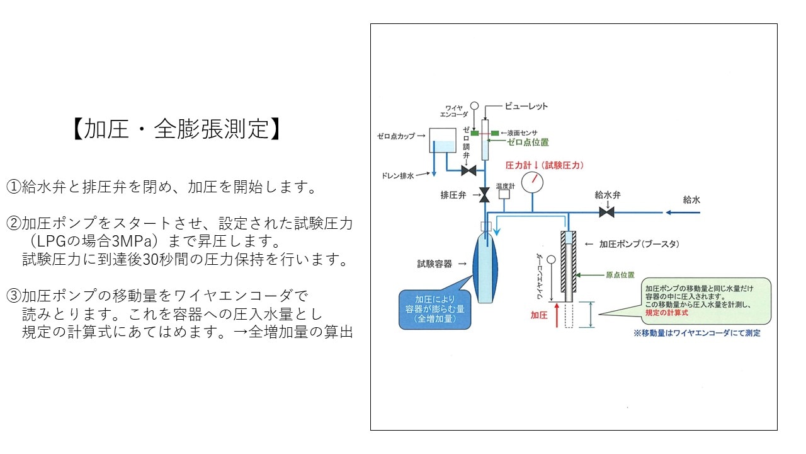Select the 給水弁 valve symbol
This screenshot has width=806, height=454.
click(607, 213)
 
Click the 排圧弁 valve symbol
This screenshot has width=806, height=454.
click(485, 195)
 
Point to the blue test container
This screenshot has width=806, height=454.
click(485, 268)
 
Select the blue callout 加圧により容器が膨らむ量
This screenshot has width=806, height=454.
click(434, 309)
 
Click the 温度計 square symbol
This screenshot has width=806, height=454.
click(504, 195)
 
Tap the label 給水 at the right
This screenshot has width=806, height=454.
click(691, 200)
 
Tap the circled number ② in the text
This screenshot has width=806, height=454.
click(14, 223)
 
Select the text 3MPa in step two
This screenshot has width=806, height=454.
click(130, 242)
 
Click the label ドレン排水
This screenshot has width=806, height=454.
click(398, 177)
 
